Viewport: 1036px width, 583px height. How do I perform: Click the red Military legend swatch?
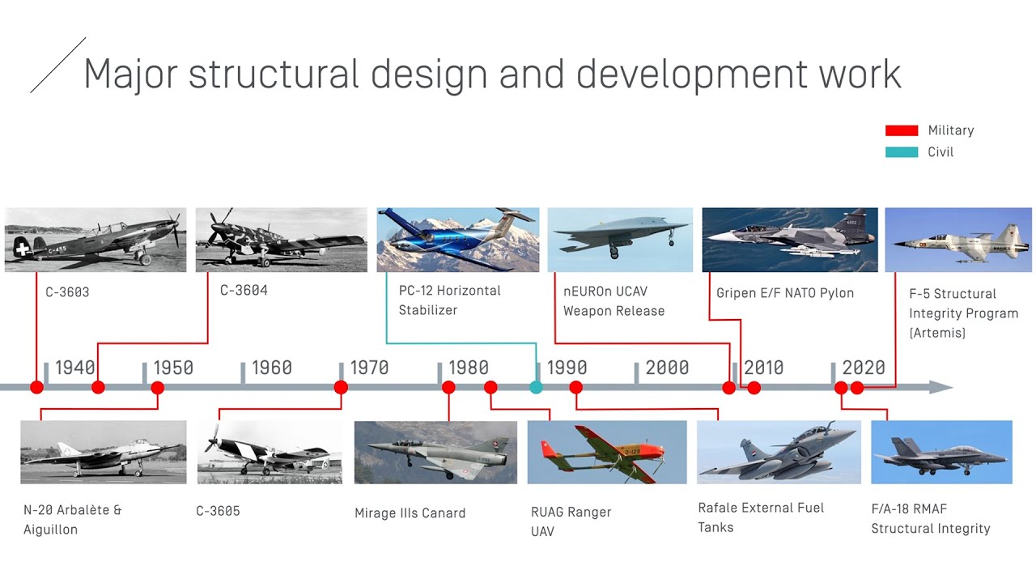901,130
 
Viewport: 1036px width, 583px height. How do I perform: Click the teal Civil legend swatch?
901,152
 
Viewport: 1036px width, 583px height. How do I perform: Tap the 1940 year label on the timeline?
74,368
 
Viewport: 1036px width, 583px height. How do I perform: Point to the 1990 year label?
567,368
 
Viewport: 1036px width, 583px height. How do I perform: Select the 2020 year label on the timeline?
864,368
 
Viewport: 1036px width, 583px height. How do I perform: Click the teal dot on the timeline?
536,388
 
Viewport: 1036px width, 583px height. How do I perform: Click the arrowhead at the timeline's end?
940,388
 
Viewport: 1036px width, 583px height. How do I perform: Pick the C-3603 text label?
67,292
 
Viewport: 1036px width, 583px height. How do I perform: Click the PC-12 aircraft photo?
457,239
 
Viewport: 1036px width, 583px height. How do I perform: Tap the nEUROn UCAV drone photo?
620,239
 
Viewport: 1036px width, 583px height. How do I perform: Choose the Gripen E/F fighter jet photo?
789,239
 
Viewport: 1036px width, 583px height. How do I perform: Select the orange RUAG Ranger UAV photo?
606,452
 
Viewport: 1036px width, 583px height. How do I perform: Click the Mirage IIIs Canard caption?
410,513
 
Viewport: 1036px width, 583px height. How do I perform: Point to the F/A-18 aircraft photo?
941,452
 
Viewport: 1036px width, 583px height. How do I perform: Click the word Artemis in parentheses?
937,333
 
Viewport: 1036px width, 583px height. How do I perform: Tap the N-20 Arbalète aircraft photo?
103,452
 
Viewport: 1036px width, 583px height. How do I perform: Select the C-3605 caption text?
218,512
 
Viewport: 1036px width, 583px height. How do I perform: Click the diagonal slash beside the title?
57,65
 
